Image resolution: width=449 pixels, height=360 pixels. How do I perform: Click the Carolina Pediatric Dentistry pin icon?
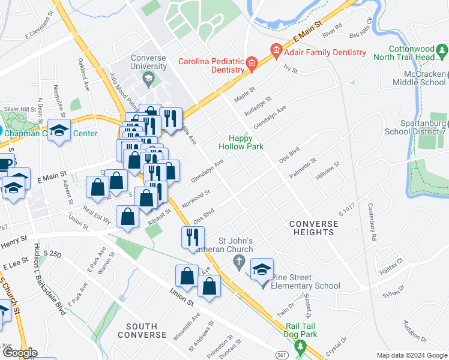pyautogui.click(x=252, y=62)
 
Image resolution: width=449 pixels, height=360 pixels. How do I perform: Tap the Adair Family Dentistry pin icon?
pyautogui.click(x=276, y=52)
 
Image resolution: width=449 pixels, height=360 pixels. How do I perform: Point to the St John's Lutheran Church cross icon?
pyautogui.click(x=238, y=260)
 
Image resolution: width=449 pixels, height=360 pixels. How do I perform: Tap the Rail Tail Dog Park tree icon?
pyautogui.click(x=300, y=346)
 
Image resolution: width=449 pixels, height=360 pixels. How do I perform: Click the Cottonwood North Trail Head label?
pyautogui.click(x=411, y=53)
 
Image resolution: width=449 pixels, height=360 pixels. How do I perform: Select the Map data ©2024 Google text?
pyautogui.click(x=412, y=355)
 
